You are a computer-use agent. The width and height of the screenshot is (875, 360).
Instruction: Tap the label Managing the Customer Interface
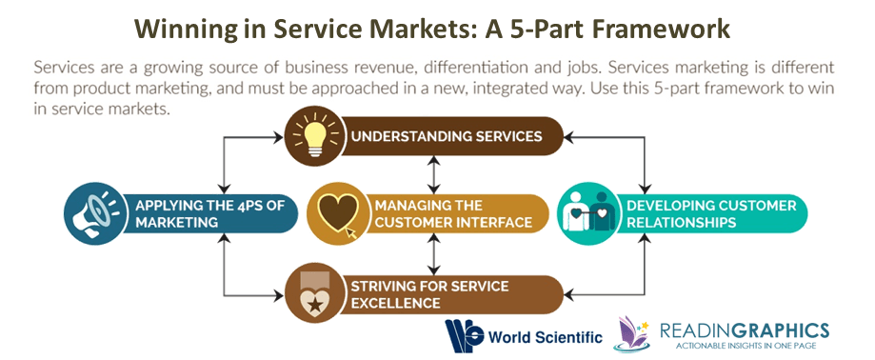point(452,213)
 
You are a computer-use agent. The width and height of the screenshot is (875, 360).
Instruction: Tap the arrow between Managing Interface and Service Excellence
point(434,253)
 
